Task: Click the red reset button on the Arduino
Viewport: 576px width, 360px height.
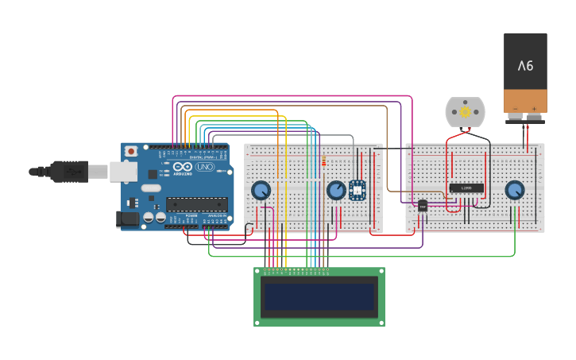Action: click(130, 151)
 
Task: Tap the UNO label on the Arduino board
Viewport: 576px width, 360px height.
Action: click(205, 167)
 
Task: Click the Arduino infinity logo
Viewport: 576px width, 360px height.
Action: click(183, 167)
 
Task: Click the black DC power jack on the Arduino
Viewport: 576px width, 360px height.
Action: click(126, 219)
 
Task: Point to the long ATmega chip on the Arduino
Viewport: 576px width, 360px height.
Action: click(196, 204)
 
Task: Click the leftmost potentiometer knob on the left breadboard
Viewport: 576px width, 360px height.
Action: click(261, 190)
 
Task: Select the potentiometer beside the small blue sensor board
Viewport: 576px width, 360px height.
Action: click(336, 190)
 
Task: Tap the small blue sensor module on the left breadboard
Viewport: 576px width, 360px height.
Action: click(358, 190)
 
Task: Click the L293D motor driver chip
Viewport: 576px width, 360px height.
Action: click(466, 188)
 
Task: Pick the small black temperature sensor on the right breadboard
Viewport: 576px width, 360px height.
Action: click(423, 206)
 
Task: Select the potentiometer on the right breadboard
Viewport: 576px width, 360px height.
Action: click(515, 190)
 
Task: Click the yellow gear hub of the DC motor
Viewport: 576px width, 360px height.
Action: click(465, 112)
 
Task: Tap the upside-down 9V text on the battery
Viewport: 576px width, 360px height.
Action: click(525, 65)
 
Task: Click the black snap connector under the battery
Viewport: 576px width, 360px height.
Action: click(525, 118)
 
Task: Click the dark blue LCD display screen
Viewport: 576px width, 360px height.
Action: click(319, 296)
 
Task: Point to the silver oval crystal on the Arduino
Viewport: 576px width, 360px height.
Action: click(151, 189)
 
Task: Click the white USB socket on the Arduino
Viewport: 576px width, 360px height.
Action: click(123, 171)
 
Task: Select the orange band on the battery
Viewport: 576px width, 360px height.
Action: click(525, 101)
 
